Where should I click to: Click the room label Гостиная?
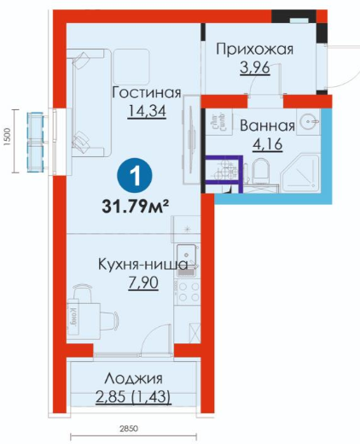point(147,92)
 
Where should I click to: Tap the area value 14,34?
point(147,111)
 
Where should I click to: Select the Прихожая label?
point(255,50)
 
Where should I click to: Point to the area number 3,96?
point(255,67)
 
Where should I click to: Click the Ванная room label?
point(267,126)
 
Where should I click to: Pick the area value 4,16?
point(267,143)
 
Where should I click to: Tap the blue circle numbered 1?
point(135,176)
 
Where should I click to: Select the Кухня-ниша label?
point(142,265)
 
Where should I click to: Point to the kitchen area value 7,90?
point(143,283)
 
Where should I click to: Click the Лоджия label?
point(133,379)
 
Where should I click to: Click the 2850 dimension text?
point(129,429)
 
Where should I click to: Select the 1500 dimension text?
point(7,137)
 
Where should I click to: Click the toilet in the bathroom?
point(260,171)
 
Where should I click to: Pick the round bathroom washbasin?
point(308,121)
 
